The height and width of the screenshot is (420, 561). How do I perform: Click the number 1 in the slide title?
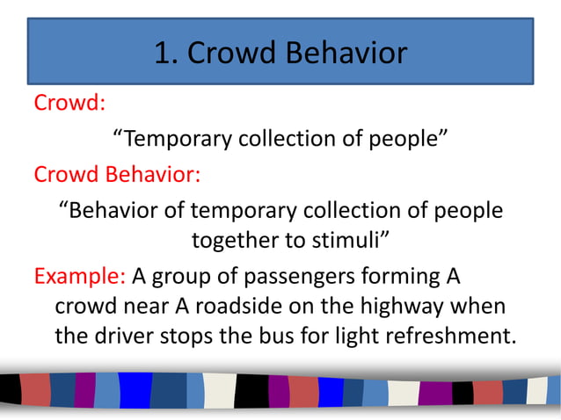point(163,54)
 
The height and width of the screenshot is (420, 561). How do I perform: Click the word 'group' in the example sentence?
point(178,278)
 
